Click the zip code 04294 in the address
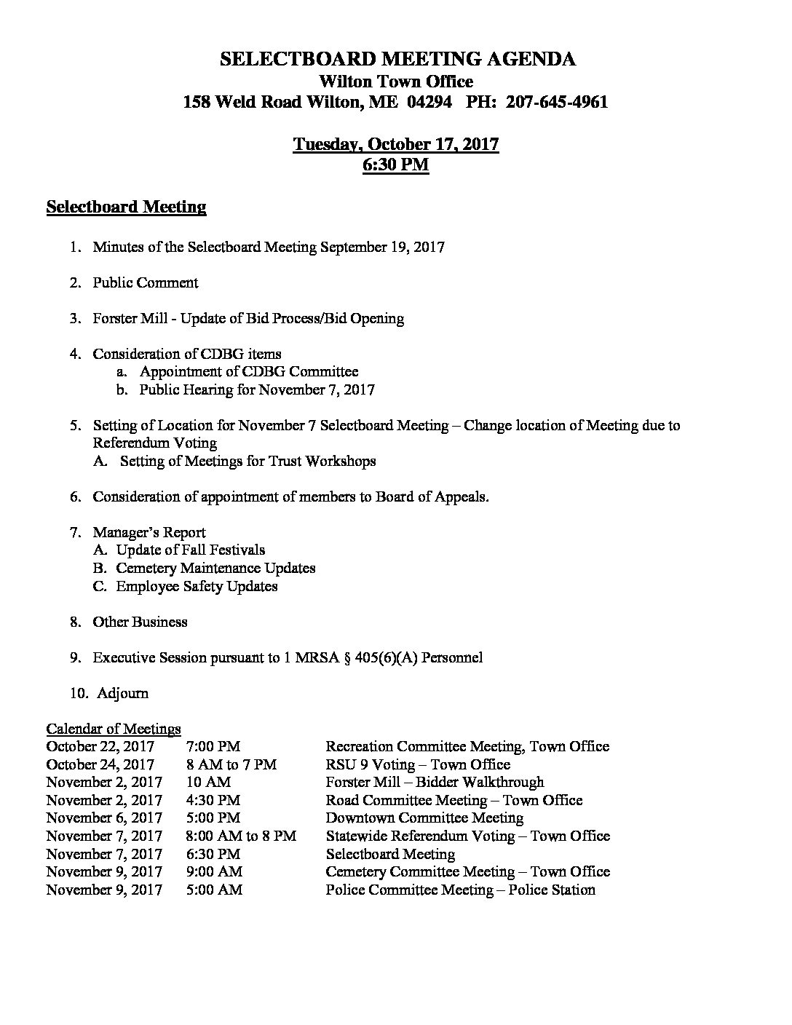430,102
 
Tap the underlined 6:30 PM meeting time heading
395,165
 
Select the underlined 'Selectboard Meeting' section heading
126,207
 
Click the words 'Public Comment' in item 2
145,282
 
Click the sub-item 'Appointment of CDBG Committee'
249,372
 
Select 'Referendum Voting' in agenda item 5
154,443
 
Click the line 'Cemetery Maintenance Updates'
215,568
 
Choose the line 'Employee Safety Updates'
197,586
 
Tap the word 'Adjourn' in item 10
122,693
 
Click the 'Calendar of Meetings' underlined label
114,729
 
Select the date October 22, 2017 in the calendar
100,746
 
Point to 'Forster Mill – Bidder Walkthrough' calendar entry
435,782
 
